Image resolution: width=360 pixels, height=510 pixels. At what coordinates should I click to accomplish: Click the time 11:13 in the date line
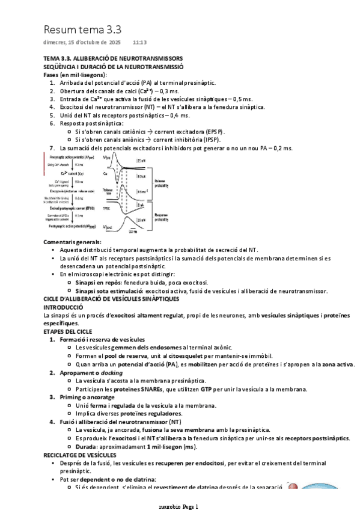139,43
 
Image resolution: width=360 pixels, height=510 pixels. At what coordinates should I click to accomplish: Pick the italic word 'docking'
110,373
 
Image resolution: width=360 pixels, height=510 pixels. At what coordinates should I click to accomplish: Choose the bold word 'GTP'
209,389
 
